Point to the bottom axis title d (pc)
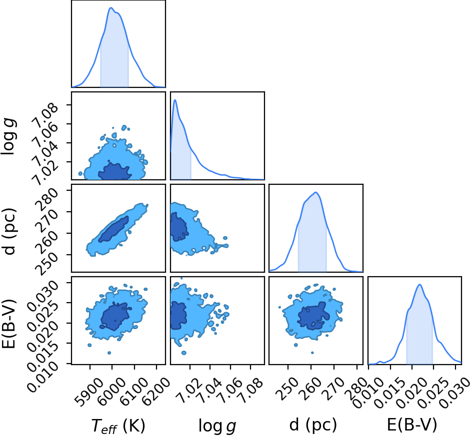click(x=313, y=425)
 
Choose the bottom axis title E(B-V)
click(x=412, y=425)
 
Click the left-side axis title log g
click(x=8, y=136)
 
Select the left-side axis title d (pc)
click(x=9, y=231)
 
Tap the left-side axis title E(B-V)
click(x=8, y=324)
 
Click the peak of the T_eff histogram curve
click(x=111, y=8)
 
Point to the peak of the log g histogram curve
click(x=174, y=100)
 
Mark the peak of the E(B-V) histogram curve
click(x=419, y=285)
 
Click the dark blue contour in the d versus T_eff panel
click(x=113, y=229)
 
